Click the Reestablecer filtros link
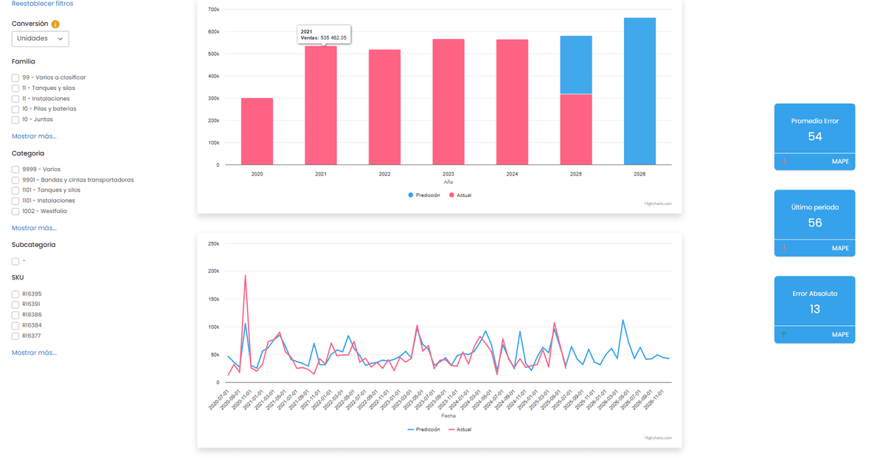(42, 4)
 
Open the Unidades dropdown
(41, 38)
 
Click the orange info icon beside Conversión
(56, 24)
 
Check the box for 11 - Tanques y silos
(15, 88)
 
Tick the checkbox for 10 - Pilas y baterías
(15, 108)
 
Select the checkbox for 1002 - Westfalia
(15, 211)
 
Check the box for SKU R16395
(15, 294)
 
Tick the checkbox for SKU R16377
(15, 335)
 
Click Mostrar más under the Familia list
(34, 136)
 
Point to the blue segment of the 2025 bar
(575, 65)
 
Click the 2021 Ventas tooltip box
(324, 35)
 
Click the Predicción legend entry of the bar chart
(424, 195)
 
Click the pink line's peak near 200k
(245, 276)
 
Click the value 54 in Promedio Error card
(815, 136)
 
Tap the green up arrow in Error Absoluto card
(783, 335)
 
